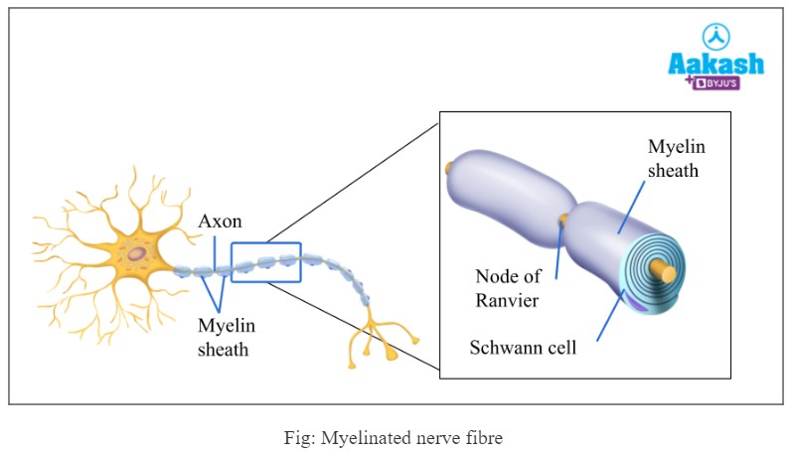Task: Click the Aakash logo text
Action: click(715, 64)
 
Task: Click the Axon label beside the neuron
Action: click(220, 222)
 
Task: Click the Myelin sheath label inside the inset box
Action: click(675, 159)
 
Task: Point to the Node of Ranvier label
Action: click(508, 288)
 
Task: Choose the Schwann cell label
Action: click(524, 349)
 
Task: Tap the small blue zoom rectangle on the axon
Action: click(265, 262)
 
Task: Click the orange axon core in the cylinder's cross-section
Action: click(669, 270)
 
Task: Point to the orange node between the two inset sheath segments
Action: click(564, 219)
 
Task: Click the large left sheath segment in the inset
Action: click(507, 189)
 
